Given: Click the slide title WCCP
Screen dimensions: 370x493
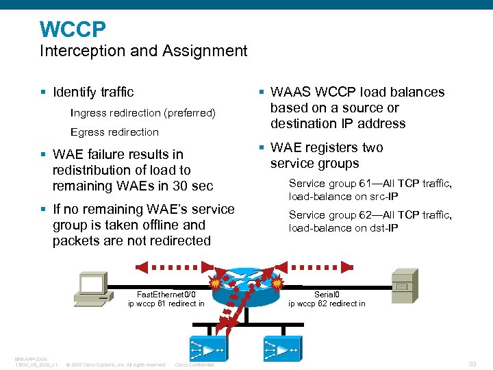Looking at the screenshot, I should [73, 29].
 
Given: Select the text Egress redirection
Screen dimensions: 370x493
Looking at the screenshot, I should [114, 132].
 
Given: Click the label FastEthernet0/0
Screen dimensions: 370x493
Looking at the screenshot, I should [166, 294].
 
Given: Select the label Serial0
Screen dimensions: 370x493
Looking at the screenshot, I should [327, 294].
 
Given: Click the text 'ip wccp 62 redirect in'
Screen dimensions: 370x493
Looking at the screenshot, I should [327, 304].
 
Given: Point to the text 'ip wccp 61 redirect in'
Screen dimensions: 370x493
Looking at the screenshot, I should [166, 304].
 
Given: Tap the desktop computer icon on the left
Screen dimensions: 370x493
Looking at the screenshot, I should [90, 288].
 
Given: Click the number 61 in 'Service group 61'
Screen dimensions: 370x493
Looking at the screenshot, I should [366, 184].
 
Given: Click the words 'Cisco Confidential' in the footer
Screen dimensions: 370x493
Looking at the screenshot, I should [194, 365].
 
